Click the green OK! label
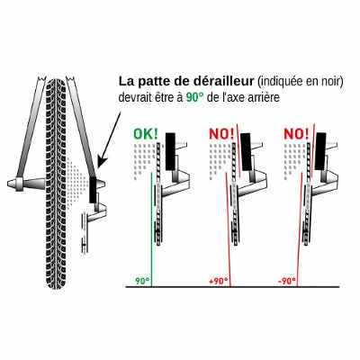point(146,134)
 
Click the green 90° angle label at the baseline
point(142,282)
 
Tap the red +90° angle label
point(218,282)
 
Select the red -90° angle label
point(286,282)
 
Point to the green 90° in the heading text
point(194,97)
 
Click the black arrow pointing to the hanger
point(110,139)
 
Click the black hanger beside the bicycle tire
point(93,189)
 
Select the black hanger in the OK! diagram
point(170,151)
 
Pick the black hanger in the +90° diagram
point(246,152)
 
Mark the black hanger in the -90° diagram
point(320,152)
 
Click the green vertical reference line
point(151,229)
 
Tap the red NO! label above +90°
point(221,134)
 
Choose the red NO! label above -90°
point(296,134)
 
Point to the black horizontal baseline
point(232,287)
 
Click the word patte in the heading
point(153,82)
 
